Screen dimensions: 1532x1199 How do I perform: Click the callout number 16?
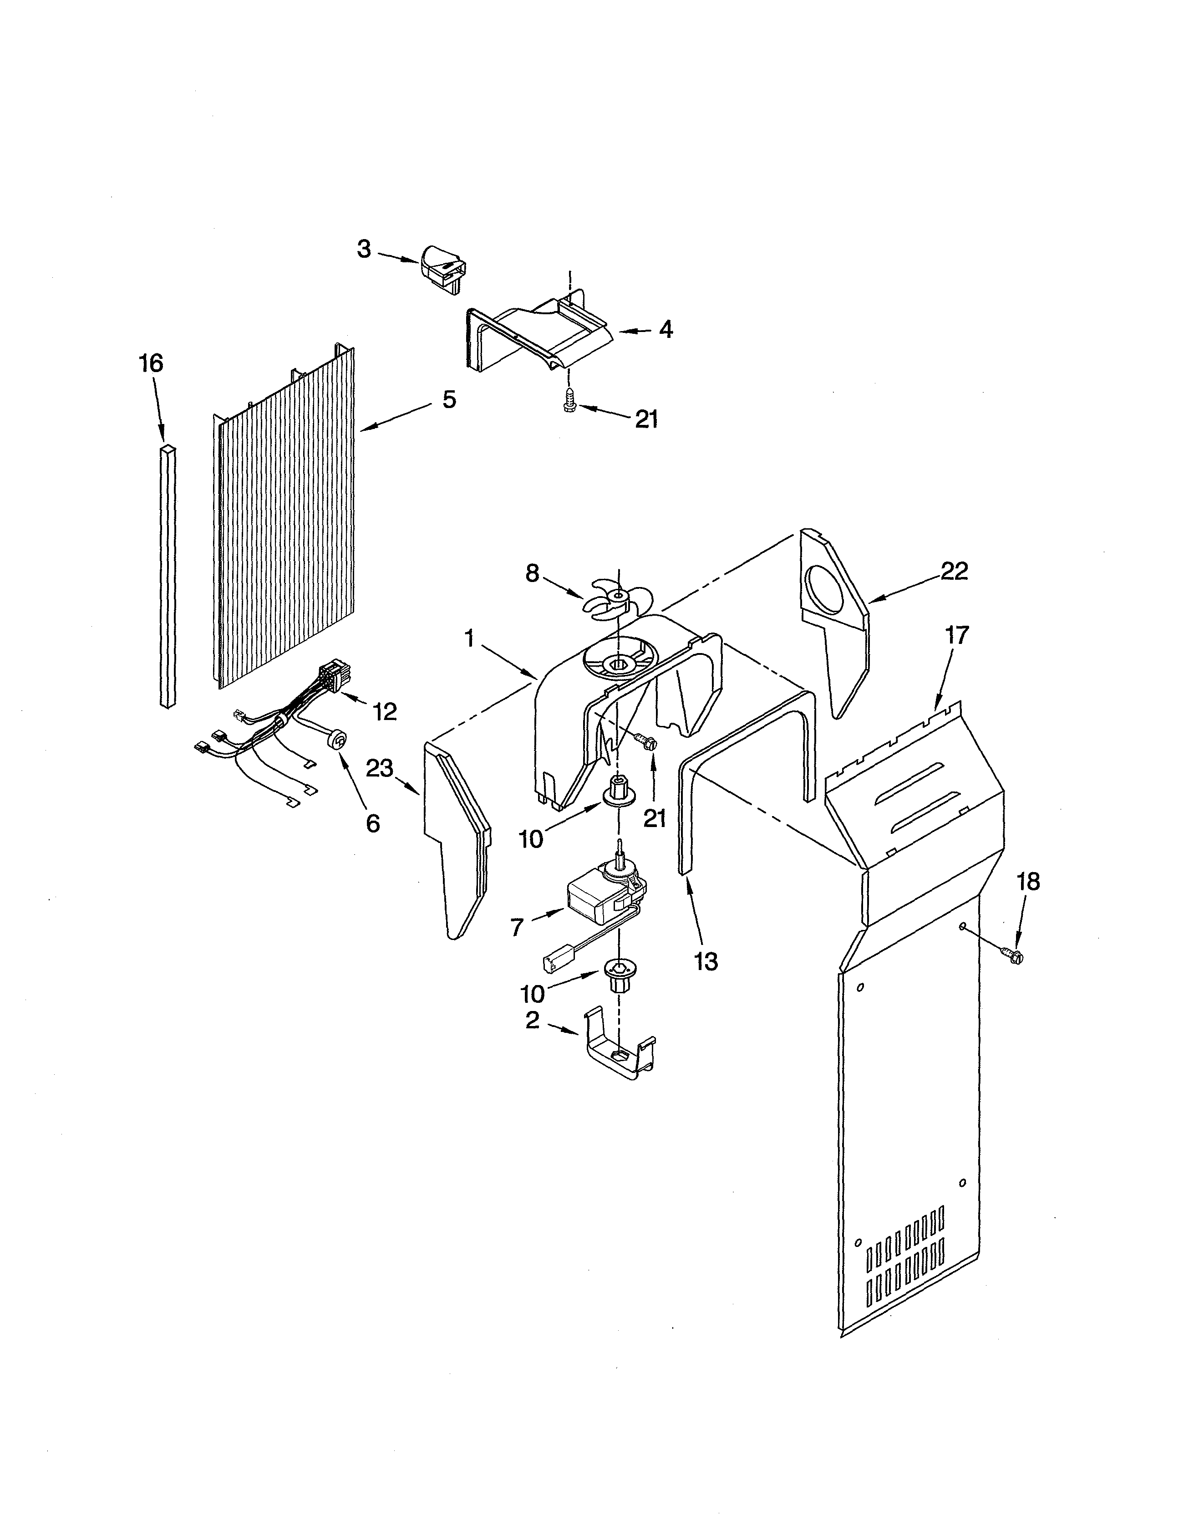tap(151, 364)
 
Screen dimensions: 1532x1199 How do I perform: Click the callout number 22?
tap(954, 571)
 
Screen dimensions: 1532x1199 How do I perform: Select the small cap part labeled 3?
tap(444, 267)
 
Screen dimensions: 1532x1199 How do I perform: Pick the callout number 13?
tap(706, 961)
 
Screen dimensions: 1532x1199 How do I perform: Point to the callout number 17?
tap(956, 635)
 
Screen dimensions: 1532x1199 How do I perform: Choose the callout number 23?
tap(380, 768)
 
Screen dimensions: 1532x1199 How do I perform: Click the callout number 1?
tap(470, 638)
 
